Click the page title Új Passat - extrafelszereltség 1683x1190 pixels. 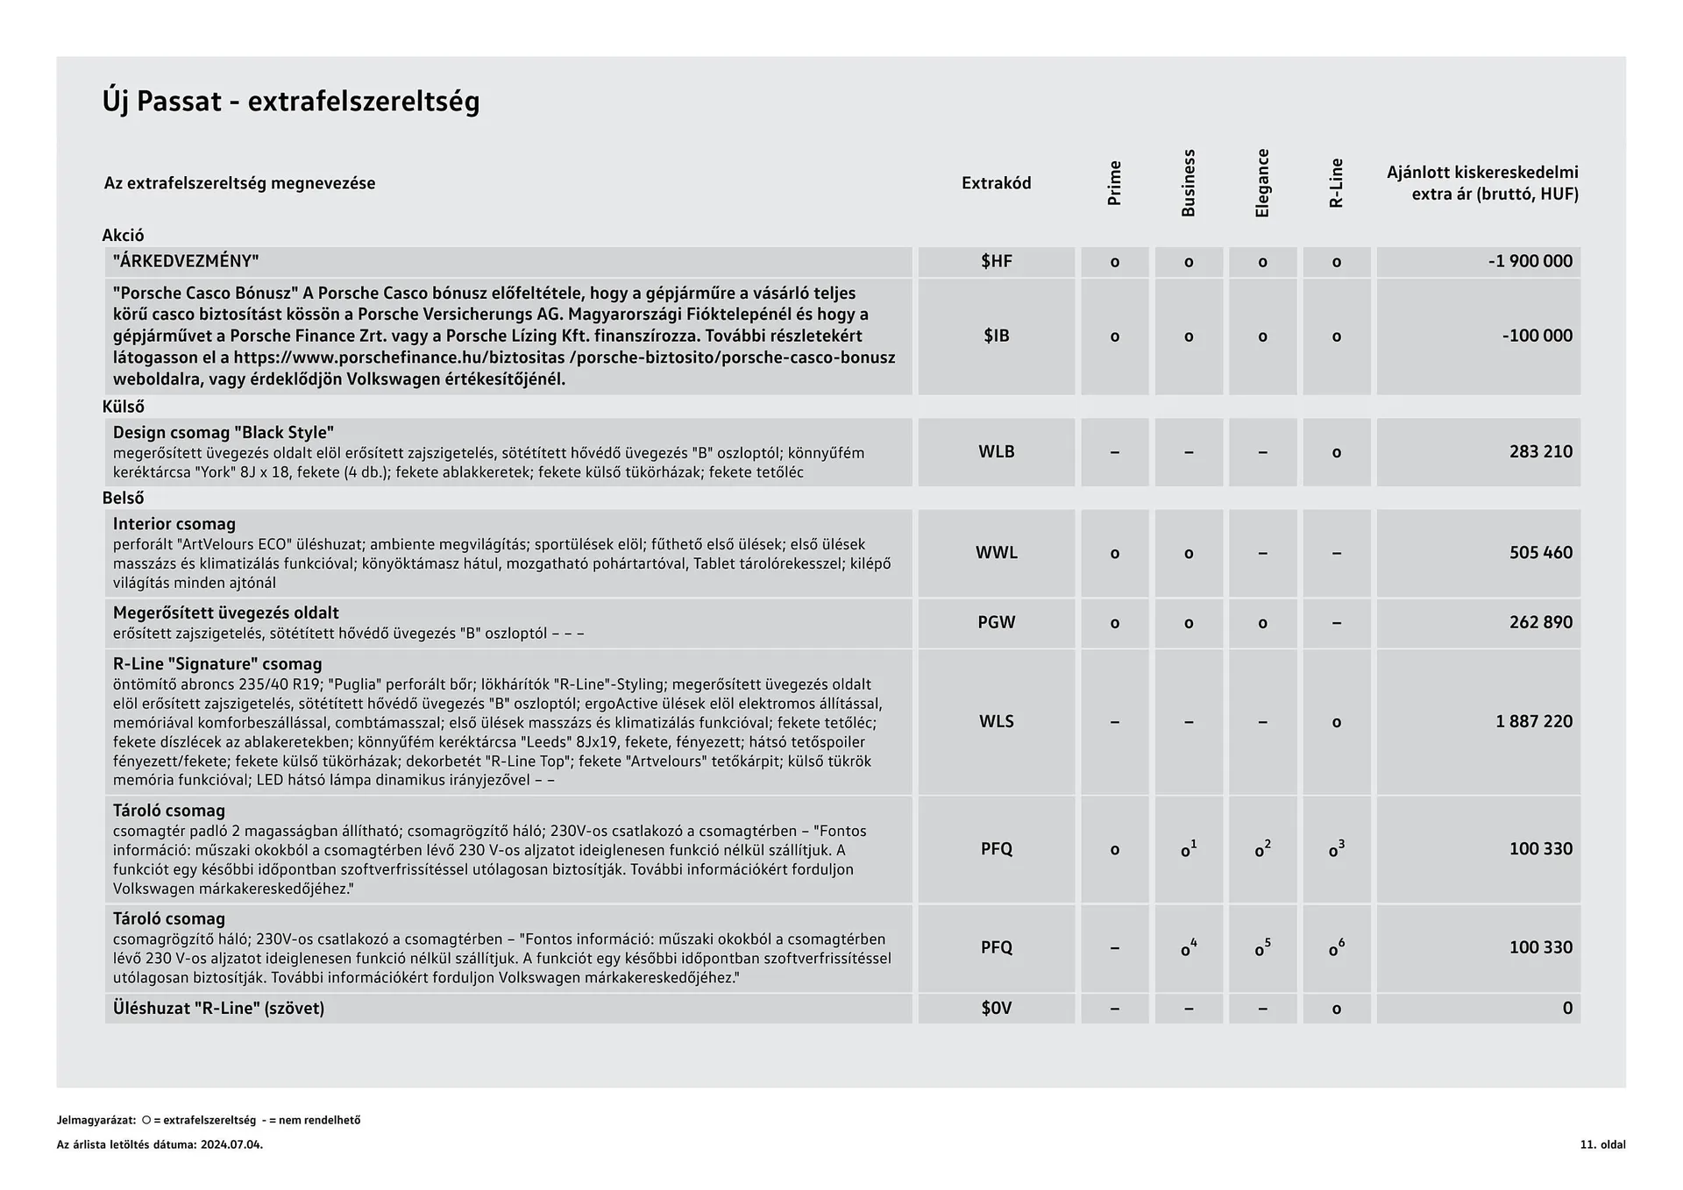pos(291,102)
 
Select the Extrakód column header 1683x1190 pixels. pos(996,183)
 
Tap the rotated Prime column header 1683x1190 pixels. pos(1114,183)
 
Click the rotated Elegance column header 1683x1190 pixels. pos(1262,183)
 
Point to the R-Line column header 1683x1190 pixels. pos(1336,183)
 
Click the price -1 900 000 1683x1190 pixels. pos(1530,261)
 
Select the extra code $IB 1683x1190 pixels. pos(996,336)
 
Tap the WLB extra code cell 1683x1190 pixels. pos(996,452)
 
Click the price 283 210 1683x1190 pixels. pos(1540,452)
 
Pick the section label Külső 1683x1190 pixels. pos(124,407)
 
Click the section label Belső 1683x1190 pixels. pos(124,498)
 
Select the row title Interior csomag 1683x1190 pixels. pos(174,524)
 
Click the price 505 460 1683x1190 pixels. pos(1540,553)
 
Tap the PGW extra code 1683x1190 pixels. pos(996,622)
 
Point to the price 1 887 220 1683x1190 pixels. pos(1533,721)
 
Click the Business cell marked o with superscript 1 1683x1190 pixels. pos(1188,849)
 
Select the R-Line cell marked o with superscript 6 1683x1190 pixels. pos(1336,948)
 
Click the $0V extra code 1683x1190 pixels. pos(996,1009)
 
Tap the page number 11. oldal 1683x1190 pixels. pos(1602,1144)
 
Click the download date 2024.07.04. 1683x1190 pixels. pos(231,1144)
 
